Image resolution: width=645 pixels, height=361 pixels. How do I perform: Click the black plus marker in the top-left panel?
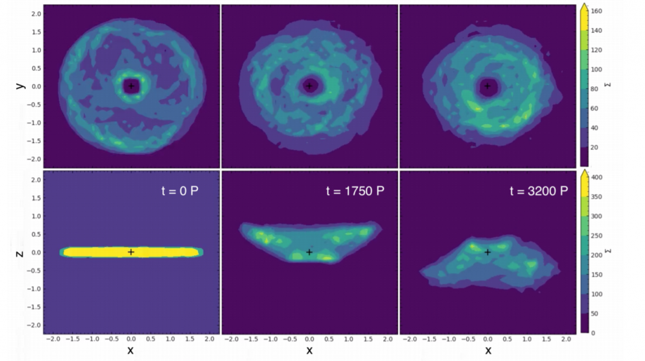(x=131, y=86)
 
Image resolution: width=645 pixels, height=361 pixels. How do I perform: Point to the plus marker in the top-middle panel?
(x=309, y=86)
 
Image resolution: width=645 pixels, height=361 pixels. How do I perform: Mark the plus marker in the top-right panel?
(x=488, y=86)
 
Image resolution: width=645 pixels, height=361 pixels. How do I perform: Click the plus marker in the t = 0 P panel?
(x=131, y=252)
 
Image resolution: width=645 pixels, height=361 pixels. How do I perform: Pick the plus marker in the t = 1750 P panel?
(x=309, y=252)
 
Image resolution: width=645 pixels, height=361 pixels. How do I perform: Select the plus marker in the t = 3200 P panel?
(x=488, y=252)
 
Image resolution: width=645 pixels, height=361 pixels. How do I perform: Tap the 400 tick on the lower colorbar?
(x=596, y=177)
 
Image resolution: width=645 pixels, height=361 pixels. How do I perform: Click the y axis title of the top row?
(x=21, y=86)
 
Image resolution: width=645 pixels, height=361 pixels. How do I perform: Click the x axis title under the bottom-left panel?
(x=131, y=350)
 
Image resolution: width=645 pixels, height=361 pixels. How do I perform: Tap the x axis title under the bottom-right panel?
(x=488, y=350)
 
